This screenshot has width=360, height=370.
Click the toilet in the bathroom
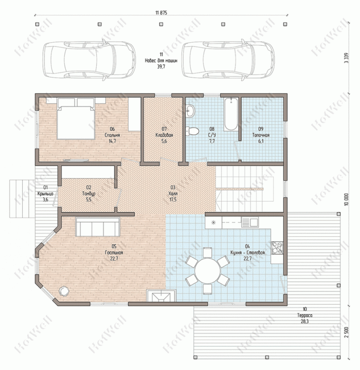click(x=192, y=132)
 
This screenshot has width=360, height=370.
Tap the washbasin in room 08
click(x=190, y=110)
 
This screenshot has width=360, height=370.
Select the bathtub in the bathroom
click(x=230, y=115)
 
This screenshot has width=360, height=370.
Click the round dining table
click(x=207, y=271)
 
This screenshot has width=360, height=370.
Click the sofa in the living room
click(x=98, y=227)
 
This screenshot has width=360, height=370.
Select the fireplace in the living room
click(x=161, y=296)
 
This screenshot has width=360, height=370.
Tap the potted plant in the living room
click(x=64, y=291)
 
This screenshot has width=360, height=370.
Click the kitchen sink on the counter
click(x=249, y=223)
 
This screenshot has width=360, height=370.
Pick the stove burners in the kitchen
click(x=277, y=248)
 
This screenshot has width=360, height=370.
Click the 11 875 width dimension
click(x=161, y=13)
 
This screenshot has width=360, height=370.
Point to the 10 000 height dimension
click(x=346, y=199)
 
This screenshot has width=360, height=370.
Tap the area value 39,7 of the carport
click(x=161, y=67)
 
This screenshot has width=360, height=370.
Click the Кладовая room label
click(x=164, y=135)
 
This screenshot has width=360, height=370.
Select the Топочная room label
click(x=261, y=135)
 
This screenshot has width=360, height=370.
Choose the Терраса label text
click(x=305, y=316)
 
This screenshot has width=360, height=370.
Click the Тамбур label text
click(x=89, y=194)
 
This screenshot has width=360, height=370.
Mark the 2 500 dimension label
click(x=346, y=332)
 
